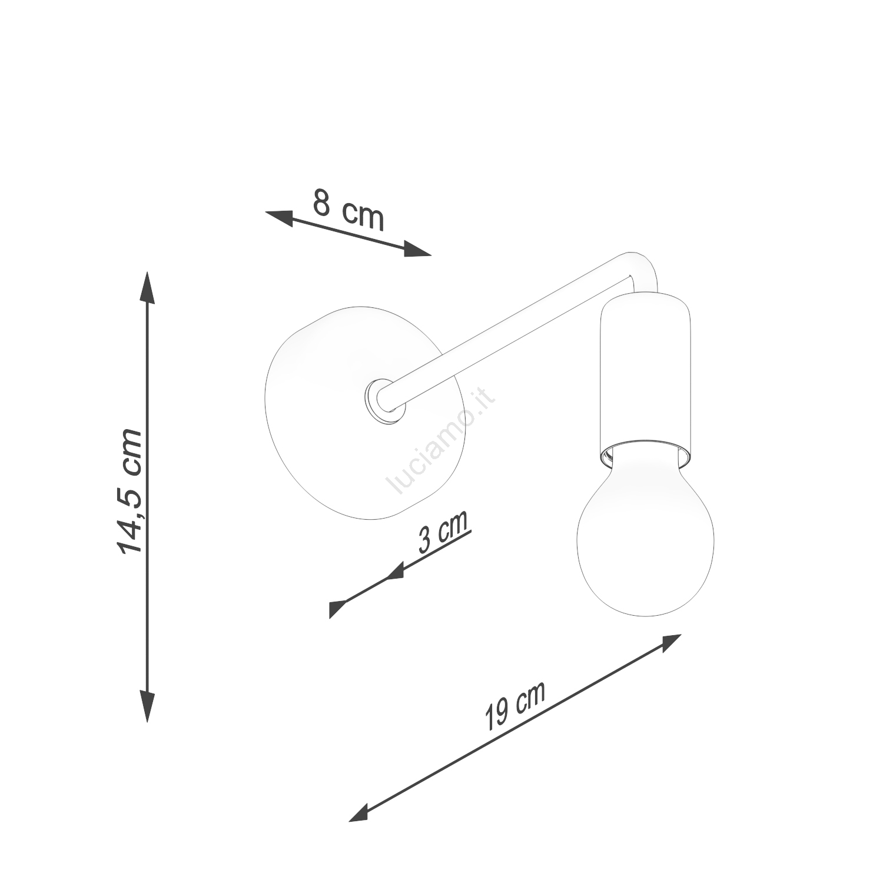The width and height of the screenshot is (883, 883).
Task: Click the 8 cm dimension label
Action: pos(348,210)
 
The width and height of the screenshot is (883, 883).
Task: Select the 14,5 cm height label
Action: pos(130,492)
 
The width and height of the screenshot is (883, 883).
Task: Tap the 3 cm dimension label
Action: pos(443,532)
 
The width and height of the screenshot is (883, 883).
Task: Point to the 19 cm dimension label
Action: pos(514,705)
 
